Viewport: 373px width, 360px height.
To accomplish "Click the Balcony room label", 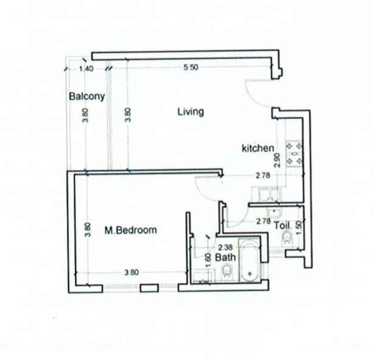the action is point(87,97).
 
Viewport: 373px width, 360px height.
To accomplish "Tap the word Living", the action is point(191,111).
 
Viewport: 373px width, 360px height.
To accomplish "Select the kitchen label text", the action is point(258,148).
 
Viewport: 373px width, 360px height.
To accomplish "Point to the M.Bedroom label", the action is point(131,230).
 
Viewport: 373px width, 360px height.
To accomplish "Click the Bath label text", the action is point(225,257).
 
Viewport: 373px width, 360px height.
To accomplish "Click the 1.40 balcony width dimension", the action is point(86,69).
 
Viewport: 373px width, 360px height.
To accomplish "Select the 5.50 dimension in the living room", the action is point(190,68).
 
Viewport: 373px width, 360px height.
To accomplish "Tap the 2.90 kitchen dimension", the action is point(277,160).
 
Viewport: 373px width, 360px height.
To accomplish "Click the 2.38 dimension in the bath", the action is point(225,248).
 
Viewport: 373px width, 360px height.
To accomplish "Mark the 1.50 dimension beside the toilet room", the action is point(298,228).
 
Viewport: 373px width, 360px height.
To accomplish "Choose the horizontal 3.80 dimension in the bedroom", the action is point(131,272).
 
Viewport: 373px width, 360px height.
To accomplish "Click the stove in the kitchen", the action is point(295,154).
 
